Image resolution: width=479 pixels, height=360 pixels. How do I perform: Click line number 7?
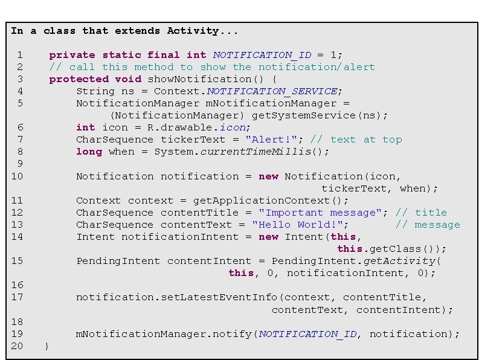point(20,140)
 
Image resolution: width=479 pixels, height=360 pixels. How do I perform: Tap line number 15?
point(17,261)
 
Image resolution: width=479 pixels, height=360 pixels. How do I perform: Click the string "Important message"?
point(323,213)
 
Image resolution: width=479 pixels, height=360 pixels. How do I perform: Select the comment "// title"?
point(421,213)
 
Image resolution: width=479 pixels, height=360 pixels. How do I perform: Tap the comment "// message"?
point(428,225)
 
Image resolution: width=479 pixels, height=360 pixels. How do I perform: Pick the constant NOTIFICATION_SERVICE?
point(272,91)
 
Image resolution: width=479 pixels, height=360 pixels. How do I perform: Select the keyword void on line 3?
point(128,79)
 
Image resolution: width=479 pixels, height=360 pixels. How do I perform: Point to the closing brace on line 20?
point(48,346)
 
